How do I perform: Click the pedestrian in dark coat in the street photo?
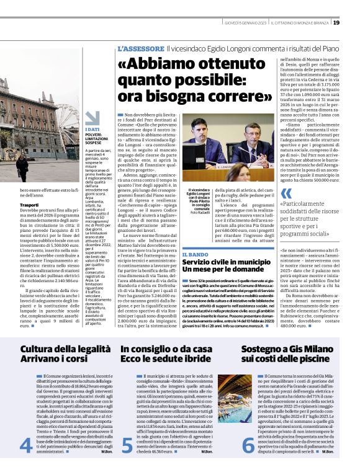pyautogui.click(x=22, y=167)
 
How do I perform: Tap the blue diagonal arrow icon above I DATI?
pyautogui.click(x=92, y=117)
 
